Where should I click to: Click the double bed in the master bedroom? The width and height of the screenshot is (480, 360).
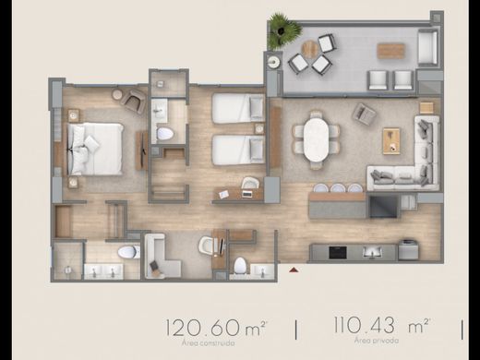coord(94,148)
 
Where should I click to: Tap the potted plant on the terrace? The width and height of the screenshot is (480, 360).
coord(284,30)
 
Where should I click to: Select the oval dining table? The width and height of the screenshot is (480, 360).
coord(316,138)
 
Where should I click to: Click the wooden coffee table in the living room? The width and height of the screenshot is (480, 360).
coord(391,139)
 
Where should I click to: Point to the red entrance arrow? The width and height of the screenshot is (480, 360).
coord(294,270)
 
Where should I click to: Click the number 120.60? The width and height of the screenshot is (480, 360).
coord(200,326)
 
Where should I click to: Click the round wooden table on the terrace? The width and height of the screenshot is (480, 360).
coord(310,46)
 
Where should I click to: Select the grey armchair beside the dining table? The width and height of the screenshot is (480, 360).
coord(364,114)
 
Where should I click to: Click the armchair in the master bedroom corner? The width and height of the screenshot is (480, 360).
coord(133,102)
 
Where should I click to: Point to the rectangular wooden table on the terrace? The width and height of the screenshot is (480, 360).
coord(391,51)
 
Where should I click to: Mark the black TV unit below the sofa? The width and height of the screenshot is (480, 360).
coord(382,206)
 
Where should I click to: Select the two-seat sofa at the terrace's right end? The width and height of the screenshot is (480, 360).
coord(426,47)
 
